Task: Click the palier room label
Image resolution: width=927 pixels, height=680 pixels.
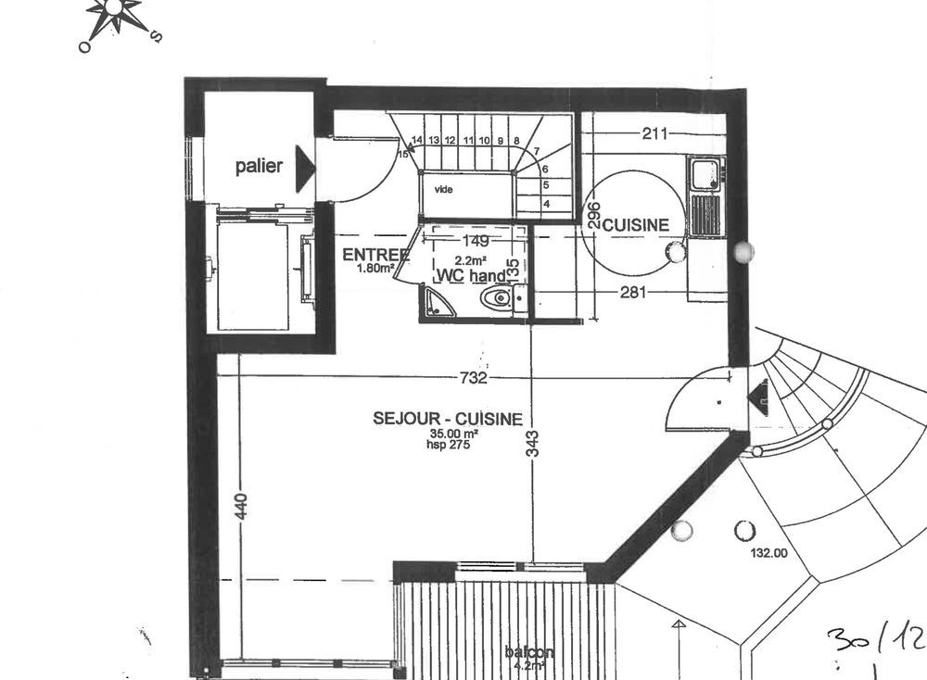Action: click(259, 167)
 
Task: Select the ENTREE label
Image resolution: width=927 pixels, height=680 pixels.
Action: click(375, 255)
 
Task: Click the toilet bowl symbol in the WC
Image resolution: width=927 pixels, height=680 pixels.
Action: click(498, 298)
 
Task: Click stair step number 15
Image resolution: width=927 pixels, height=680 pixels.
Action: click(402, 155)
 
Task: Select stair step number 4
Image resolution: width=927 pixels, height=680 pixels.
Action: click(547, 203)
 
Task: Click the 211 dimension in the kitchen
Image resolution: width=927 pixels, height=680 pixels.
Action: click(654, 133)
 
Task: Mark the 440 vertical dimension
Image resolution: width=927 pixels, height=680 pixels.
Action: click(240, 508)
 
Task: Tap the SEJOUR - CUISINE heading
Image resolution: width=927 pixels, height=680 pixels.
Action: click(448, 419)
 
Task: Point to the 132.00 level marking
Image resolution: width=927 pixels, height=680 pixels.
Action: click(768, 554)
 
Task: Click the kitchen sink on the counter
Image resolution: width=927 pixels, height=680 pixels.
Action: click(705, 172)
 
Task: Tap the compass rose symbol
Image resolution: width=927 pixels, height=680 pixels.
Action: click(116, 13)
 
